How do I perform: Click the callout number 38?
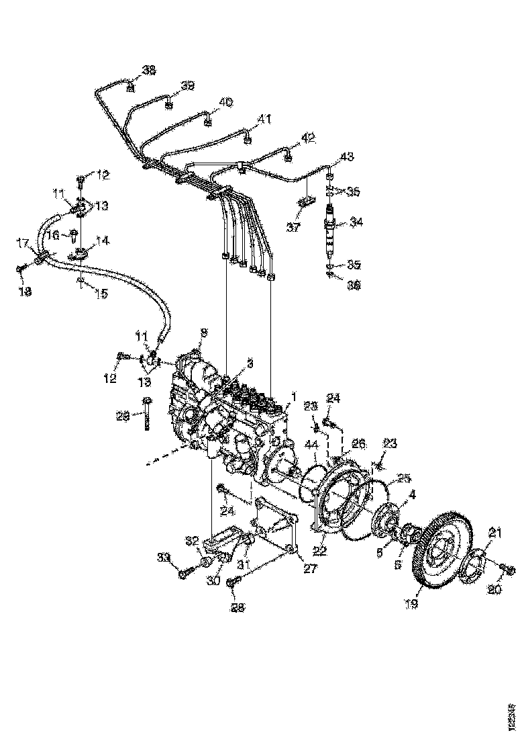click(x=148, y=70)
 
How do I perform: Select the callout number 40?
click(x=225, y=102)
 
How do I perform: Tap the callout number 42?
click(x=307, y=138)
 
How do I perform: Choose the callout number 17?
click(x=23, y=243)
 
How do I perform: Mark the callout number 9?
click(x=204, y=332)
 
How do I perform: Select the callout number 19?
click(x=411, y=604)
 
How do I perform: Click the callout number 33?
click(x=163, y=556)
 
